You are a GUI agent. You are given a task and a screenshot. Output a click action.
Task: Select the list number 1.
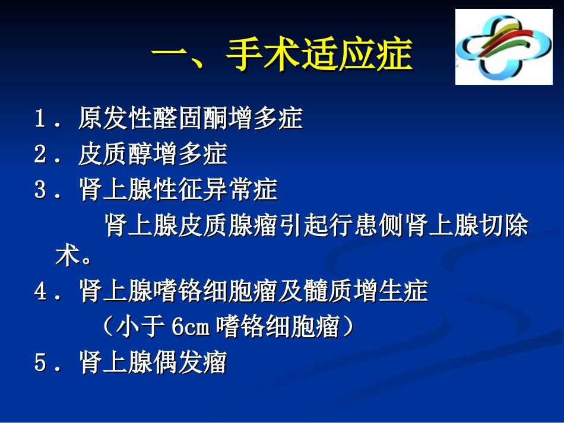pyautogui.click(x=40, y=119)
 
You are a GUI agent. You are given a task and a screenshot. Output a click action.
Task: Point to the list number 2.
pyautogui.click(x=40, y=155)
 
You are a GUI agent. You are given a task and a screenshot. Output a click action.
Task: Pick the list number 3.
pyautogui.click(x=40, y=190)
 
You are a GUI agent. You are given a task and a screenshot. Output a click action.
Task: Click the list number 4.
pyautogui.click(x=40, y=292)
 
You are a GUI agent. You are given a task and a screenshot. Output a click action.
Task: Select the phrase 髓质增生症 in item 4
pyautogui.click(x=366, y=292)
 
